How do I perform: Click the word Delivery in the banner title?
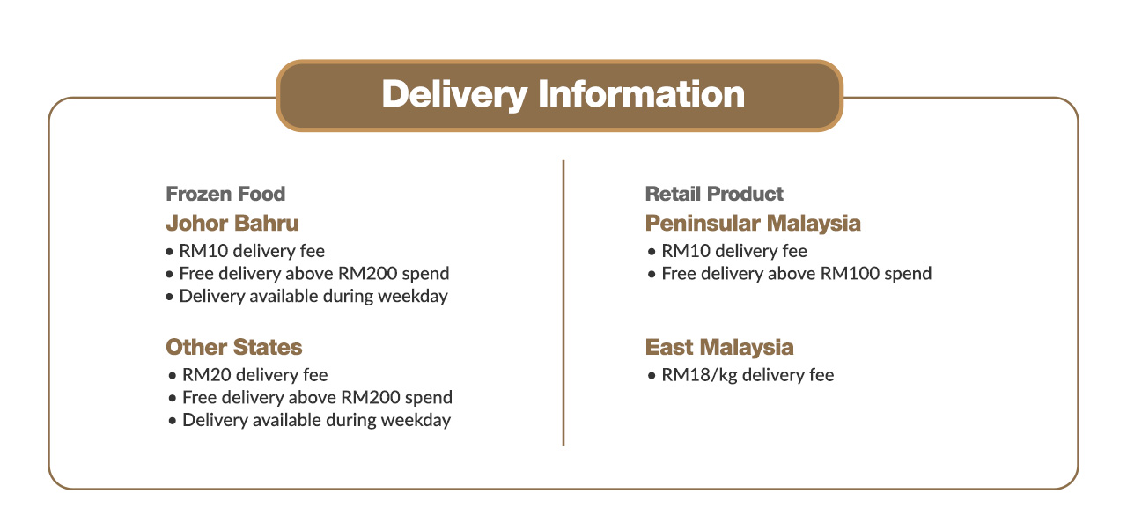click(x=455, y=94)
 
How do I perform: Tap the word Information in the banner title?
click(x=642, y=94)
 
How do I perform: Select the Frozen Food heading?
click(x=225, y=194)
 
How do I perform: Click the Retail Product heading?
click(x=714, y=194)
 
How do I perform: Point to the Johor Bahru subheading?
click(x=232, y=224)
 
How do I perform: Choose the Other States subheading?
click(x=234, y=347)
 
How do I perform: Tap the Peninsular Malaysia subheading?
click(x=753, y=224)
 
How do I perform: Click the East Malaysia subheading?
click(x=719, y=347)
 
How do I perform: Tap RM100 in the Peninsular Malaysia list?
click(x=850, y=274)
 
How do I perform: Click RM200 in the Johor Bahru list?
click(x=368, y=274)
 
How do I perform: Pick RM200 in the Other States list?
click(x=371, y=397)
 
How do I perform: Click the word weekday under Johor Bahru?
click(x=413, y=296)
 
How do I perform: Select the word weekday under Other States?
click(x=416, y=420)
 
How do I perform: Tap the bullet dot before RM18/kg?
click(x=652, y=376)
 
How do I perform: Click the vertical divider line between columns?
click(x=563, y=303)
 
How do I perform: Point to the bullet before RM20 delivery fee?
click(x=173, y=376)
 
